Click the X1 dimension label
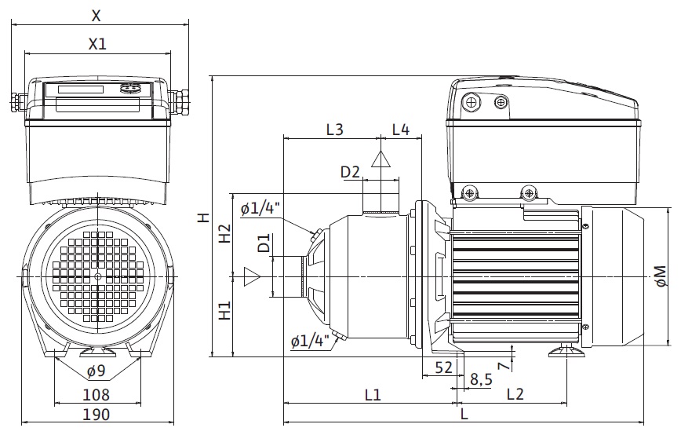(x=97, y=44)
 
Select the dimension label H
(x=202, y=218)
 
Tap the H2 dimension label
(x=224, y=233)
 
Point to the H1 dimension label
(x=224, y=311)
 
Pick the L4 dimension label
(x=401, y=130)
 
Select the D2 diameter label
(x=350, y=172)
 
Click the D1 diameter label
(x=264, y=243)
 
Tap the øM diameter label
(x=660, y=276)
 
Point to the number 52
(x=443, y=367)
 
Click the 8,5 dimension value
(x=480, y=380)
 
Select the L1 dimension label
(x=372, y=395)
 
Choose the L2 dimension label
(x=515, y=395)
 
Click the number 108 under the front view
(x=97, y=395)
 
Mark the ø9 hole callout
(x=97, y=371)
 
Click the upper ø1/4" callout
(x=260, y=208)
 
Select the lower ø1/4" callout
(x=308, y=341)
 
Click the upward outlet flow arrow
(x=381, y=160)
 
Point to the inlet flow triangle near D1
(x=252, y=276)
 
